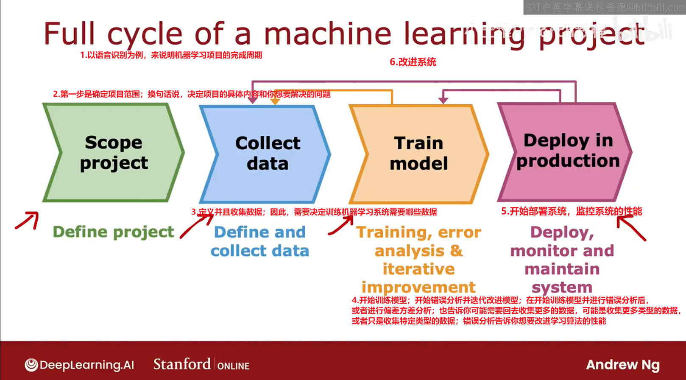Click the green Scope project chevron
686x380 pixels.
tap(113, 153)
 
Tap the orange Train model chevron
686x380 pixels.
tap(418, 154)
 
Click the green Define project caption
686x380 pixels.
tap(113, 232)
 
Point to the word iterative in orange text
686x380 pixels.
tap(418, 269)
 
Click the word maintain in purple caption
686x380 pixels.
tap(562, 269)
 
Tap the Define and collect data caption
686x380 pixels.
tap(259, 241)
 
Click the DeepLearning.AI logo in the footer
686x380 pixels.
tap(79, 365)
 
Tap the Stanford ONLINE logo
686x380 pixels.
tap(201, 364)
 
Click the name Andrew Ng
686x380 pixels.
tap(622, 365)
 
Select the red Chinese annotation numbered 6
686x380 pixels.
tap(413, 62)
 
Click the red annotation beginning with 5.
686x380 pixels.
tap(571, 211)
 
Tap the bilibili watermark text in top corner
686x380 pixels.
tap(604, 7)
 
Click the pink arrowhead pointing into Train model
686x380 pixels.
tap(443, 100)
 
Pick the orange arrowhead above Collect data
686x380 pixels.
tap(275, 101)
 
